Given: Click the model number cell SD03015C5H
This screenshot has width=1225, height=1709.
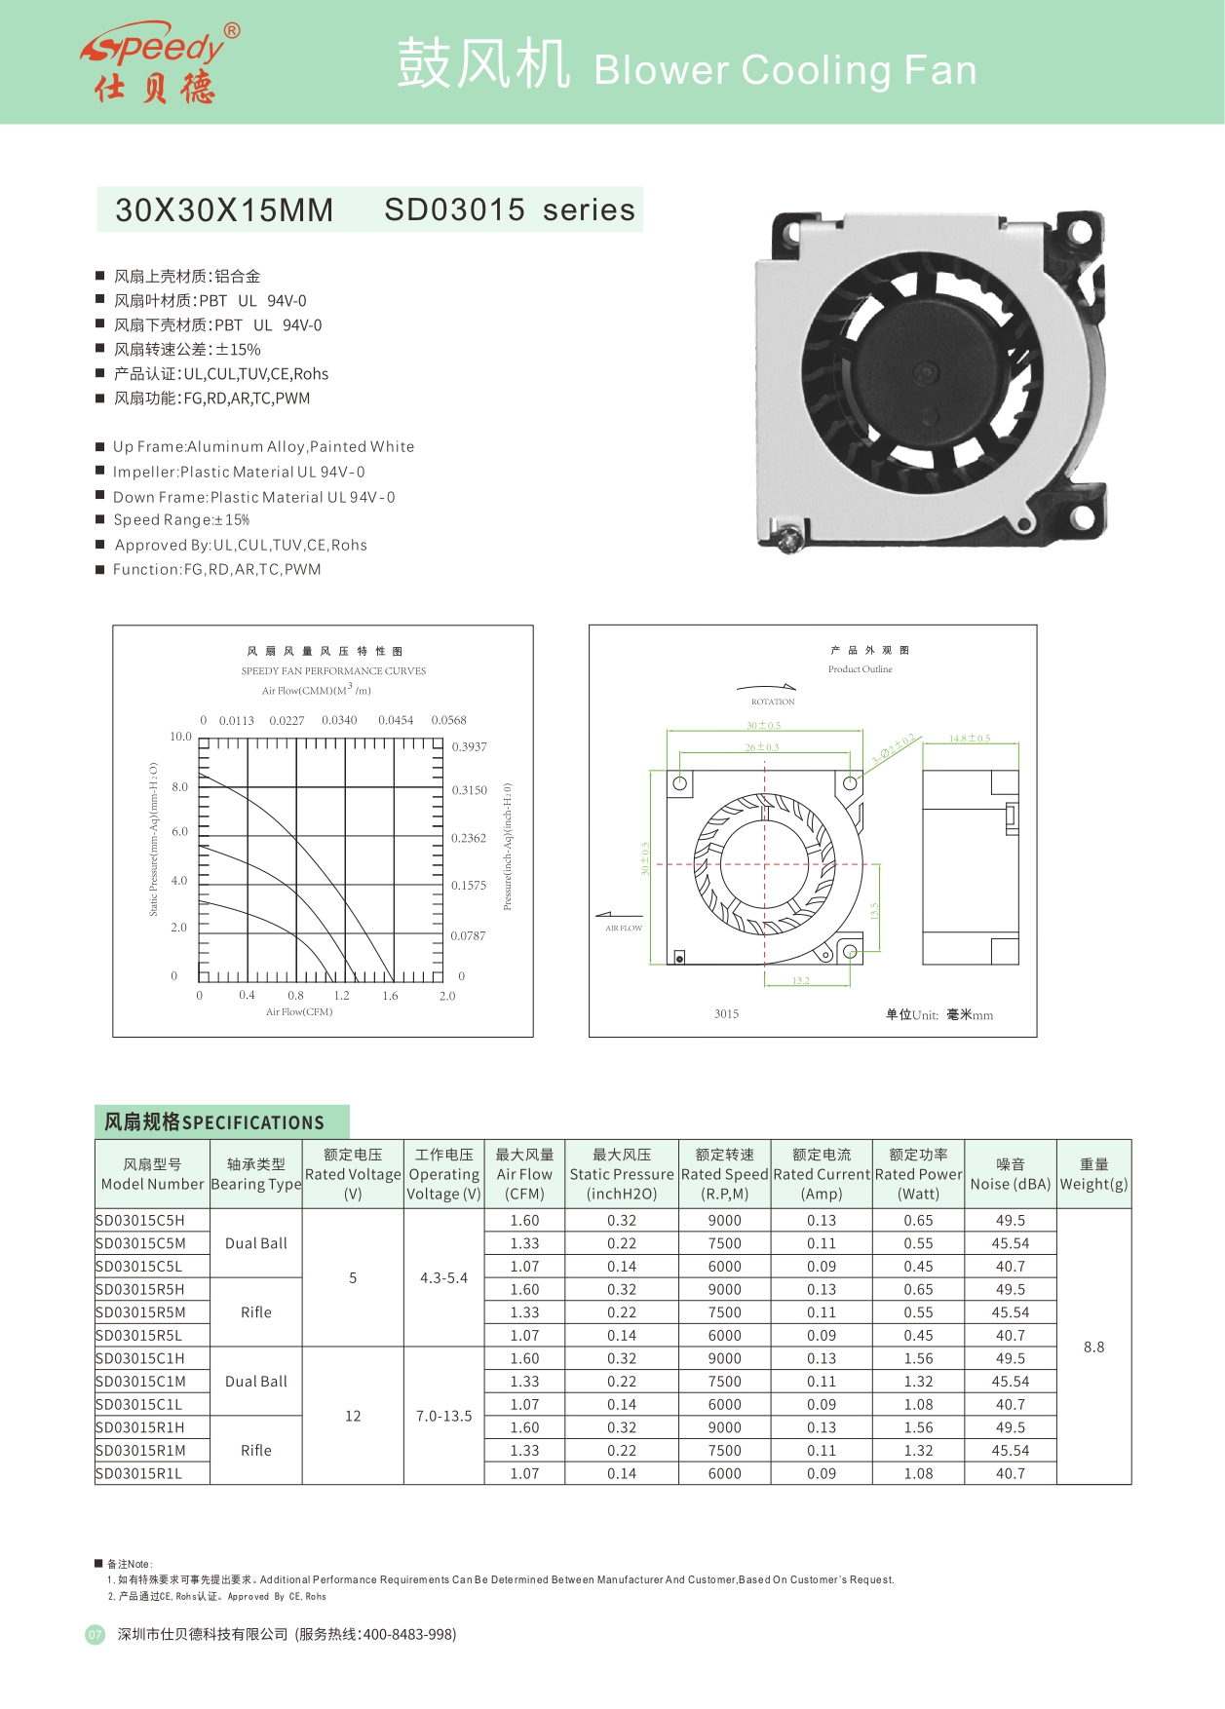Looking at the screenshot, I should coord(140,1220).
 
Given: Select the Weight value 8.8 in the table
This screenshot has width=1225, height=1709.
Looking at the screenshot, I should coord(1093,1347).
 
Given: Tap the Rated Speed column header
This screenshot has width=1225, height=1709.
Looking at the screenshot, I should coord(724,1174).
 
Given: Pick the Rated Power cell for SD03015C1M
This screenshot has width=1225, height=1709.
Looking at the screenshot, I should coord(918,1382).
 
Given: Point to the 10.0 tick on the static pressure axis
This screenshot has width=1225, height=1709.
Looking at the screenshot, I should coord(181,737).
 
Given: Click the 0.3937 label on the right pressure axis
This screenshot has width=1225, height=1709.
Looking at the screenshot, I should coord(469,747).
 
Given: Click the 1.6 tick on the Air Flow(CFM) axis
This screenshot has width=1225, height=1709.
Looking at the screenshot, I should coord(390,996).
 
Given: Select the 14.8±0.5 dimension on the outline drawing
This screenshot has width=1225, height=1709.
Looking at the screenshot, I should coord(970,739).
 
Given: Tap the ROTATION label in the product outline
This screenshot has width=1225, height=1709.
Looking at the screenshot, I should coord(773,702).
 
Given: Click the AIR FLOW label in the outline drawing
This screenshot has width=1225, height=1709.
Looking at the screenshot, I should coord(624,928).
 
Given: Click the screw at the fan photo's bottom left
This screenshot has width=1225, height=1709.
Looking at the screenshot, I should coord(791,536).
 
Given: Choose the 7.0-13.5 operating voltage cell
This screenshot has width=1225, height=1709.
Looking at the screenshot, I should coord(443,1416).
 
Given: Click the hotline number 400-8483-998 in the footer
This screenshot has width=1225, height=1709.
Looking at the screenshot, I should coord(408,1634).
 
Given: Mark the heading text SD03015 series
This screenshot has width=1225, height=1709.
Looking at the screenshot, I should coord(509,209).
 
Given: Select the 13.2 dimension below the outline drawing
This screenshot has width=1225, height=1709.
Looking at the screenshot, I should coord(800,981).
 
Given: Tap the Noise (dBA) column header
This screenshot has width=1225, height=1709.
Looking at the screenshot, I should coord(1010,1175).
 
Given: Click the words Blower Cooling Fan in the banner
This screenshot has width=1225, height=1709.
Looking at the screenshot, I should coord(785,70).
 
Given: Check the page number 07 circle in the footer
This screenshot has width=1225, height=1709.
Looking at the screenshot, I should coord(95,1635).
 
